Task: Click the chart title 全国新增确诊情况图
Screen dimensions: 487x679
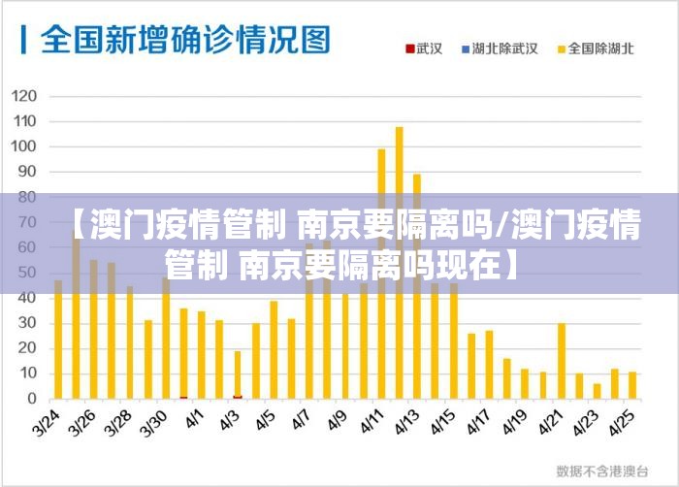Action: pyautogui.click(x=184, y=40)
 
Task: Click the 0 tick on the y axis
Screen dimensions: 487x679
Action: pyautogui.click(x=31, y=399)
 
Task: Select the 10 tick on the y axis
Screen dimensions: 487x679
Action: pyautogui.click(x=26, y=373)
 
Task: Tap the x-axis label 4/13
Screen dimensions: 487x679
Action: pyautogui.click(x=407, y=422)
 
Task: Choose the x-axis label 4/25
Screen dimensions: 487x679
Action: pyautogui.click(x=624, y=422)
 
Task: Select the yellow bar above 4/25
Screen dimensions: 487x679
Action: pyautogui.click(x=632, y=385)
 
